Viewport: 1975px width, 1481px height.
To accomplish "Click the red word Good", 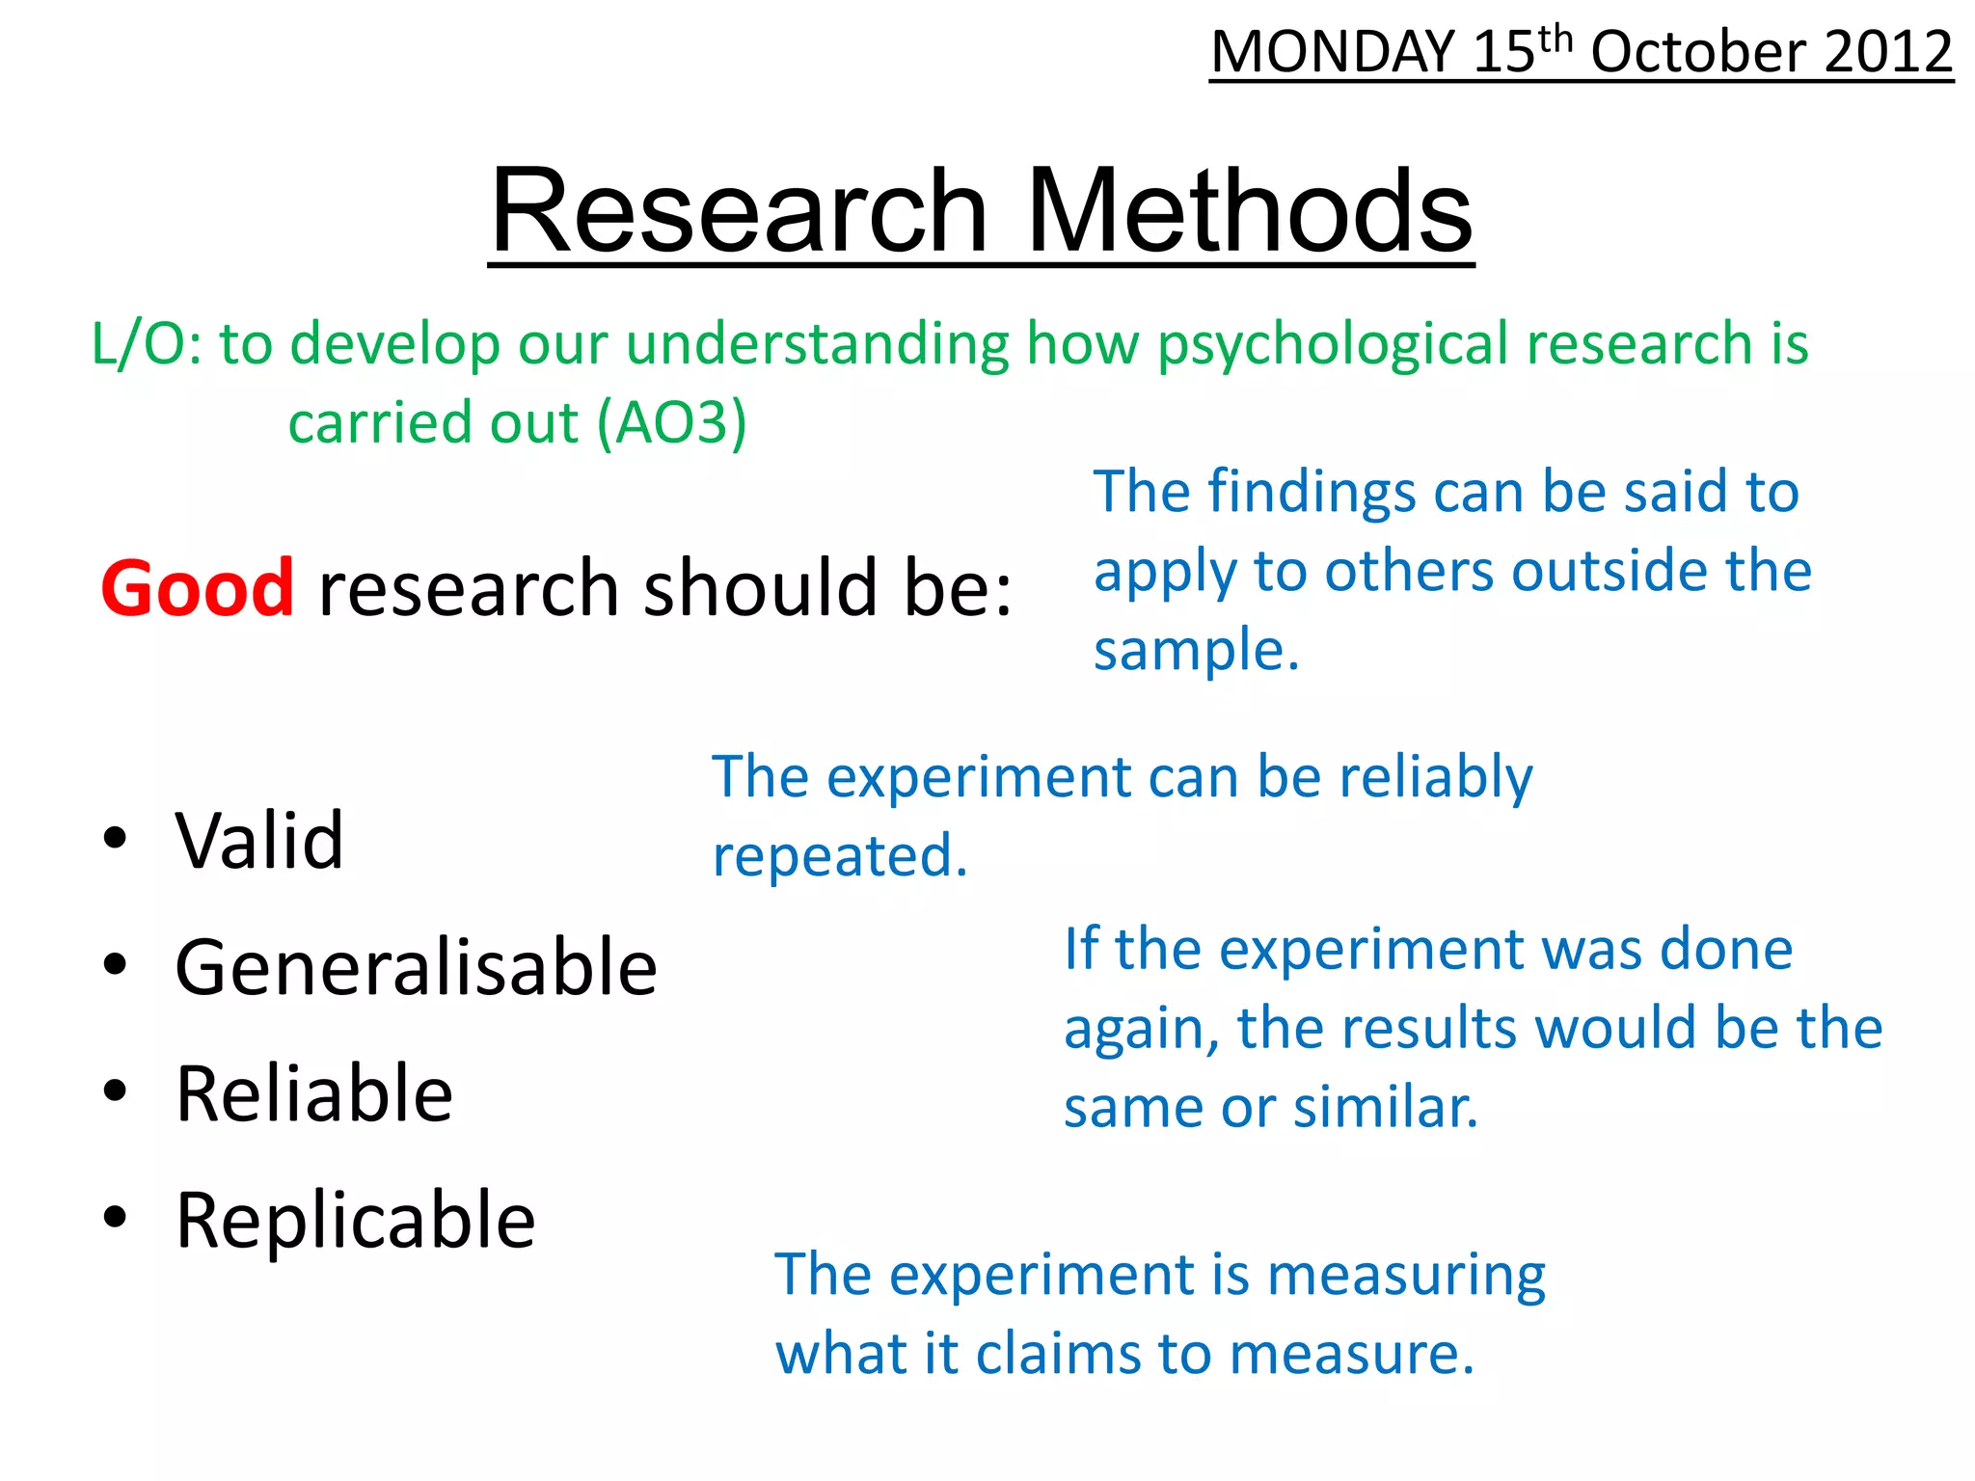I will (197, 587).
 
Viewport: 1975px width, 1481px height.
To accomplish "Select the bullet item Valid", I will (259, 840).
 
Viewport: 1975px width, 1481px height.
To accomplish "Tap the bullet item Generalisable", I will (416, 966).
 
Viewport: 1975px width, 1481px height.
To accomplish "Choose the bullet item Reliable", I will (314, 1093).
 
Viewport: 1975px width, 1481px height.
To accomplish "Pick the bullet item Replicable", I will (355, 1220).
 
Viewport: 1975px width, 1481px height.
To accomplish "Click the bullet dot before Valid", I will (115, 838).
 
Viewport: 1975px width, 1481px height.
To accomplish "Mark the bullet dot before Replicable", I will (115, 1218).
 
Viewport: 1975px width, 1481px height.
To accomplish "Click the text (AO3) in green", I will (671, 423).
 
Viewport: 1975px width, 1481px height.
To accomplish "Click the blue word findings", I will (1312, 492).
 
